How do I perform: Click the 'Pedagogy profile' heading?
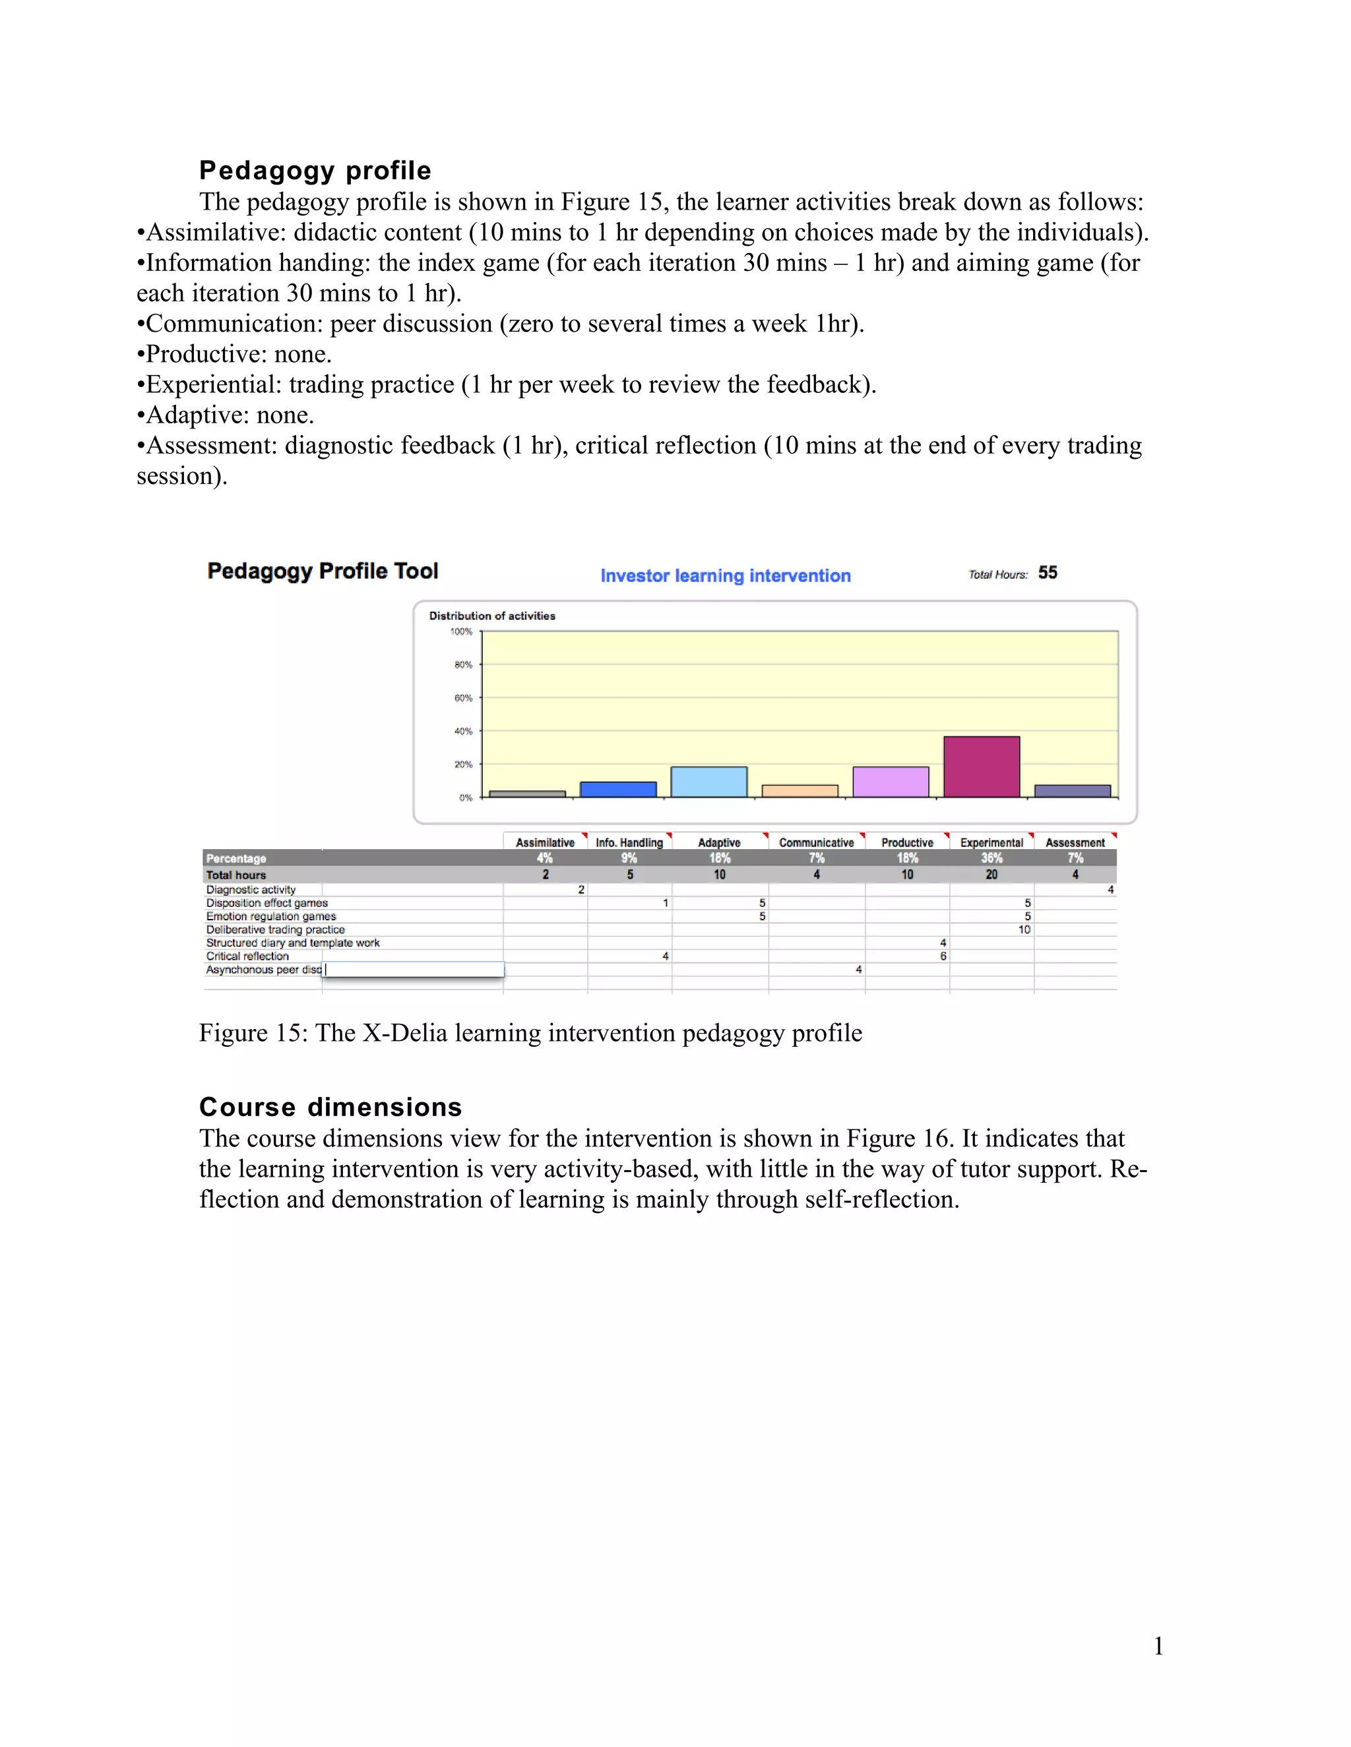coord(315,170)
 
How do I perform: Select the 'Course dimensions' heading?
coord(330,1107)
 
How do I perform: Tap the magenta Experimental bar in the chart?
coord(981,767)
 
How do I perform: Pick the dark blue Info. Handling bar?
coord(618,790)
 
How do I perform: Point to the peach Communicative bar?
coord(800,791)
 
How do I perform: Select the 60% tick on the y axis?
coord(463,698)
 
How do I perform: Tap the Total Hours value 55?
coord(1048,573)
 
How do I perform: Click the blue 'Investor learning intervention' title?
coord(725,576)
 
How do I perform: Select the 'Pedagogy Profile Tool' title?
coord(323,571)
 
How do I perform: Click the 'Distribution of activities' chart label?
coord(491,616)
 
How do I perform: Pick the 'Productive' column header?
coord(907,843)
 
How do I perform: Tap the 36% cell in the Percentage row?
coord(991,858)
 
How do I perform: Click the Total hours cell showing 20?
coord(991,875)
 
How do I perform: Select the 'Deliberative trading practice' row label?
coord(275,930)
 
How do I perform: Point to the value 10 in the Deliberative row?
coord(1024,930)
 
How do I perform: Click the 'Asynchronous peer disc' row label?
coord(263,970)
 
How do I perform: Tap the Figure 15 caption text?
coord(530,1032)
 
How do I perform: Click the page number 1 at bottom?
coord(1158,1645)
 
